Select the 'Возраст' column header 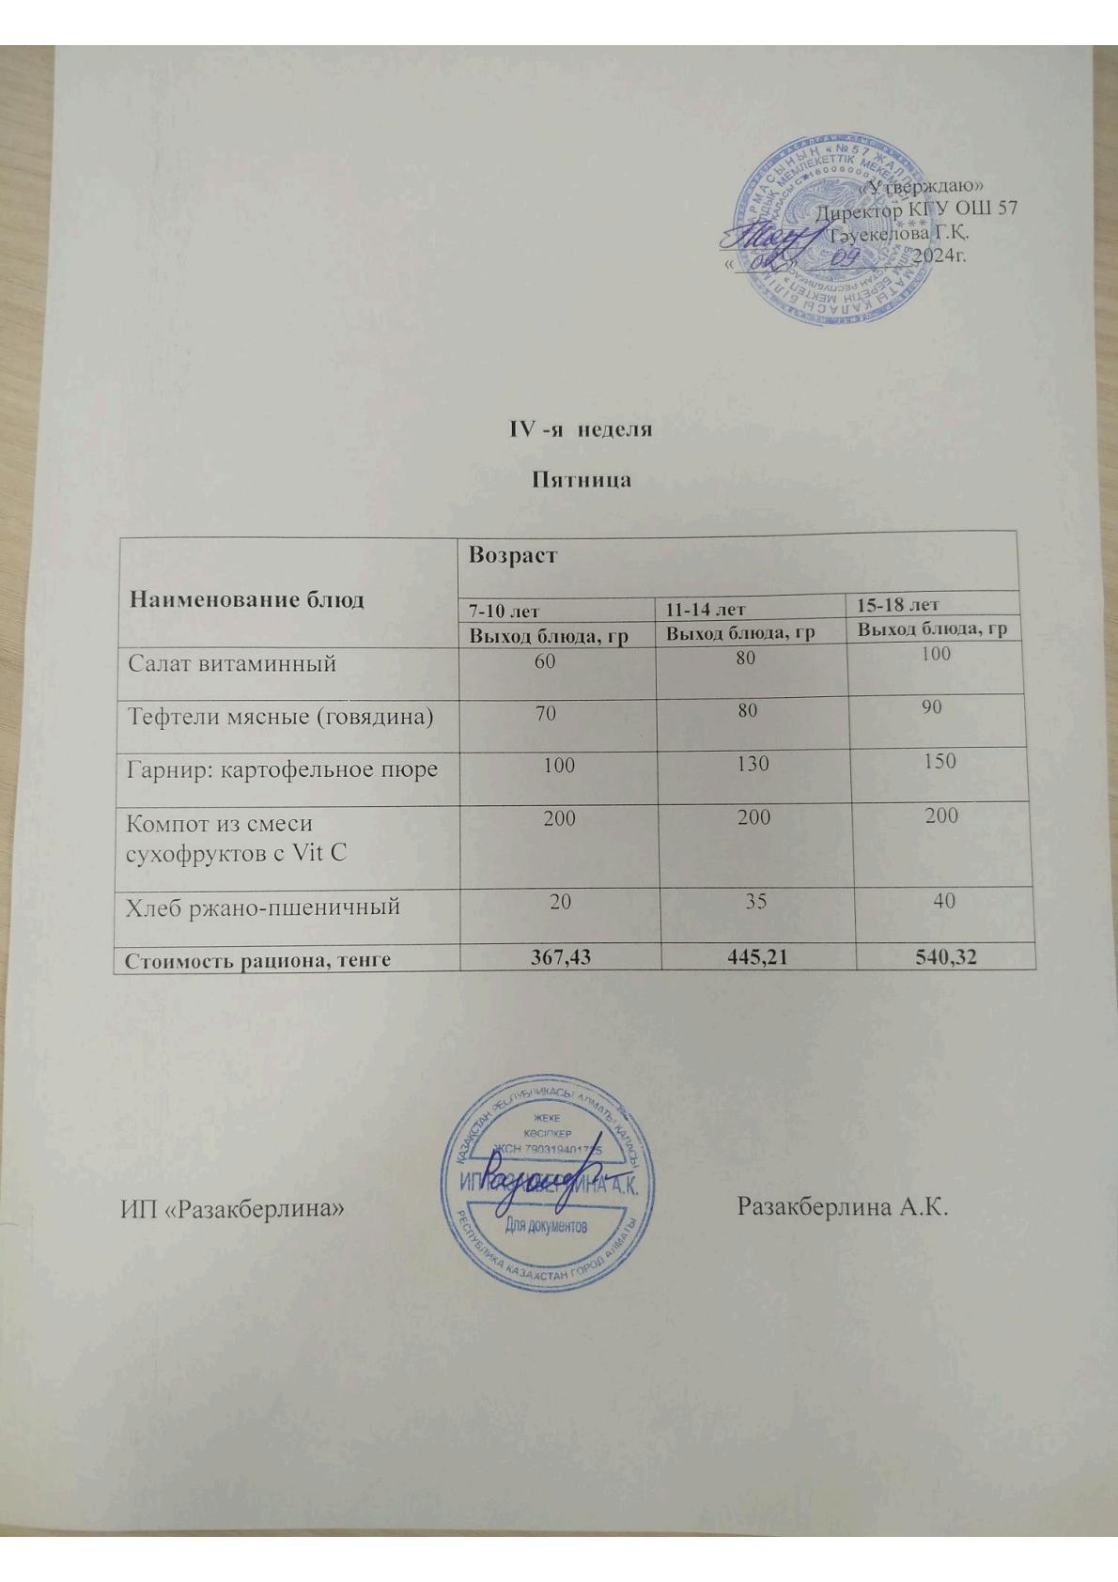pos(512,555)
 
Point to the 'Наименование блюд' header pos(246,599)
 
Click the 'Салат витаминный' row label pos(232,664)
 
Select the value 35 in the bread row pos(755,902)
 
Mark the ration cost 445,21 pos(758,956)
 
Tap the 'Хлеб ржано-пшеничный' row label pos(264,907)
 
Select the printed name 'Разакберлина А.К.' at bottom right pos(843,1205)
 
